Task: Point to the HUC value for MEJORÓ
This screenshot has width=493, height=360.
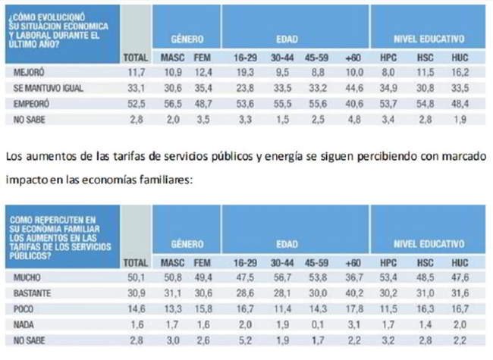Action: click(x=459, y=73)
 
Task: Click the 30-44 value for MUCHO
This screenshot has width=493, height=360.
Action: click(x=282, y=278)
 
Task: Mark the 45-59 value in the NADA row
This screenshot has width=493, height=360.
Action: click(x=318, y=324)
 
